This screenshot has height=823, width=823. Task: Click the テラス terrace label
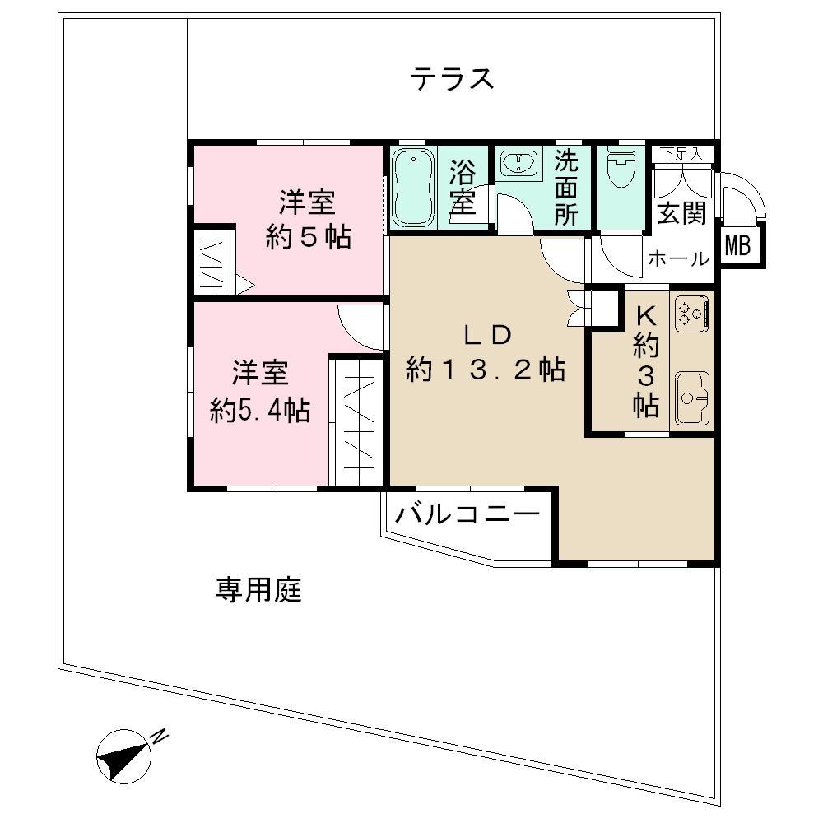point(451,79)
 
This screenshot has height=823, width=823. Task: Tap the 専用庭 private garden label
point(258,589)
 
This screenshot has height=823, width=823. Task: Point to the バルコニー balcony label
point(467,514)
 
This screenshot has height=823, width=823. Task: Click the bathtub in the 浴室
point(414,187)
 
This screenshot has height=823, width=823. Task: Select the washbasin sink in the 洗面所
point(518,163)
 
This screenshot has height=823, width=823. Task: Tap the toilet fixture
point(621,166)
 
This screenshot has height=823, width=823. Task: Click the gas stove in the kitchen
point(691,314)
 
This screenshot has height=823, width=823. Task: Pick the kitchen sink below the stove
point(692,398)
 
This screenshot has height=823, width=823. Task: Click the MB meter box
point(737,245)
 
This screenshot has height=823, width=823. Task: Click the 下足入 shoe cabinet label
point(681,155)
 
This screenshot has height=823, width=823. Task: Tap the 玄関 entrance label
point(681,212)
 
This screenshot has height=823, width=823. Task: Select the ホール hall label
point(679,258)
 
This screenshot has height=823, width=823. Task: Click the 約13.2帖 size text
point(485,369)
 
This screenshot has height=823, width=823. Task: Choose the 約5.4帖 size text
point(260,409)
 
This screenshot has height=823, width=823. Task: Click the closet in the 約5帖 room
point(212,262)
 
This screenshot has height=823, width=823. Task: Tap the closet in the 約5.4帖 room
point(359,422)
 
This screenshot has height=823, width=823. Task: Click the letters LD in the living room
point(486,336)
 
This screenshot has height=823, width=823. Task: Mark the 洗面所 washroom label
point(566,188)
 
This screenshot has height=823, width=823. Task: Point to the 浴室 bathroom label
point(463,187)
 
